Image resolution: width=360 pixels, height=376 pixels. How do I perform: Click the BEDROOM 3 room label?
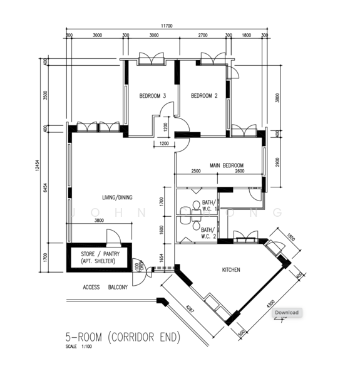click(x=152, y=96)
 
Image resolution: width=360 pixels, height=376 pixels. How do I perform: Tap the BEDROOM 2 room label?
click(x=204, y=96)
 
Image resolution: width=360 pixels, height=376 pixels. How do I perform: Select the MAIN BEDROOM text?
click(x=227, y=165)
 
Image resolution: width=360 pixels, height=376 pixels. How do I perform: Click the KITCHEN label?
click(x=232, y=270)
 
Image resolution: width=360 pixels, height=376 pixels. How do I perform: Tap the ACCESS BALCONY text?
click(x=105, y=287)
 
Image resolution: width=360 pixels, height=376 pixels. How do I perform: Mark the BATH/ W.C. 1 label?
click(x=208, y=206)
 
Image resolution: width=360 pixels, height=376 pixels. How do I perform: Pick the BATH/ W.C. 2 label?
click(x=208, y=233)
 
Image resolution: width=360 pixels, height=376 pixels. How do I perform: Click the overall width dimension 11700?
click(x=166, y=26)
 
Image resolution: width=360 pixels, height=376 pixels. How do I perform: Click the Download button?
click(x=287, y=312)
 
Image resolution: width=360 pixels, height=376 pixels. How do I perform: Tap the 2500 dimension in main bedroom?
click(x=196, y=171)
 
